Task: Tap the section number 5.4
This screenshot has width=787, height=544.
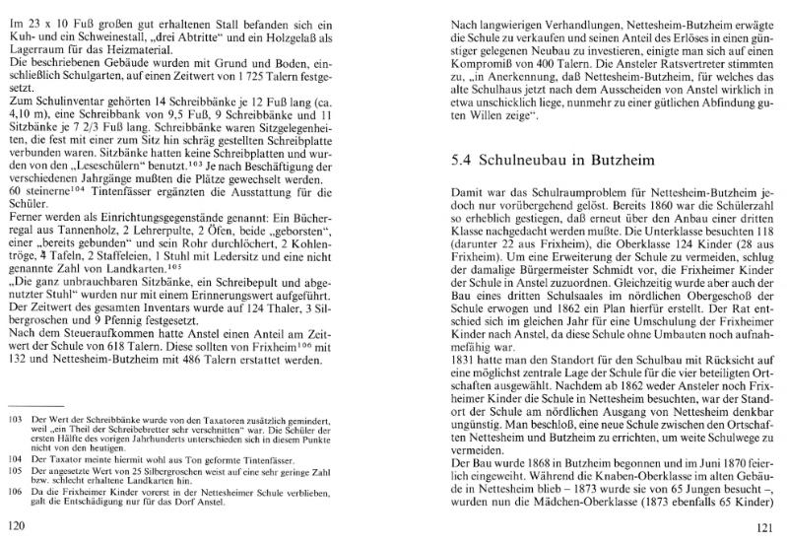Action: (464, 160)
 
